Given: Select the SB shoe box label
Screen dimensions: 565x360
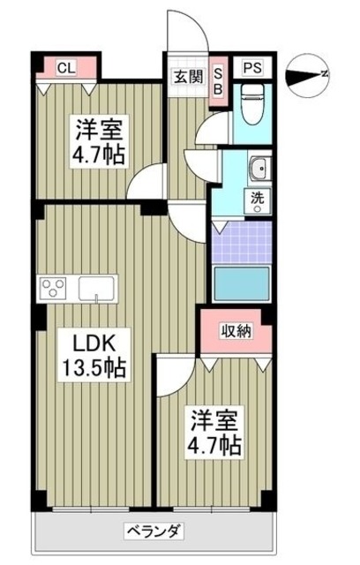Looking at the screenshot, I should [219, 80].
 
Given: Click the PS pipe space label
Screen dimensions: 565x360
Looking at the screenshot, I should [252, 67].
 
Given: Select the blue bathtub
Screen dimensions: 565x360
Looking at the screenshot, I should [242, 286].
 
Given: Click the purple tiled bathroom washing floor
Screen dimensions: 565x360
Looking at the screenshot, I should [242, 239].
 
